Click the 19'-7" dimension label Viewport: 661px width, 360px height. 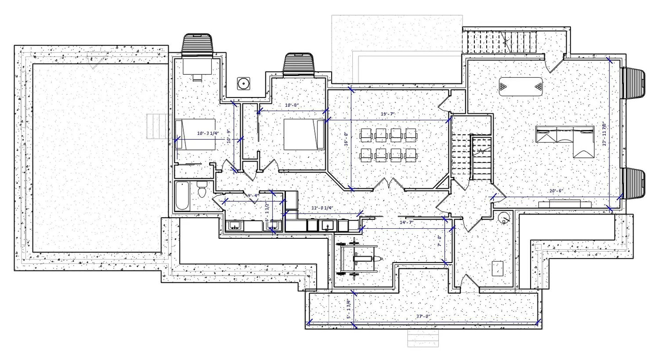pyautogui.click(x=387, y=114)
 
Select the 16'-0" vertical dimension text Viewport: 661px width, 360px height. pyautogui.click(x=347, y=139)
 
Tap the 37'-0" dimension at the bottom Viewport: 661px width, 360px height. pyautogui.click(x=424, y=316)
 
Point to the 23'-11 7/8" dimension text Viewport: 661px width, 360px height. pyautogui.click(x=604, y=133)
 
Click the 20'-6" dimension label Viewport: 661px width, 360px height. pyautogui.click(x=557, y=191)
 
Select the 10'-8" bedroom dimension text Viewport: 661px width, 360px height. pyautogui.click(x=291, y=105)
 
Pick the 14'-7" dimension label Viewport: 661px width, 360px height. pyautogui.click(x=406, y=222)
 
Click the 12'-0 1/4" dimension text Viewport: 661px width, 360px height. pyautogui.click(x=322, y=208)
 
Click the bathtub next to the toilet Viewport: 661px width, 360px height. pyautogui.click(x=182, y=195)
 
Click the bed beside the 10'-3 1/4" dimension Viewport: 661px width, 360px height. pyautogui.click(x=195, y=134)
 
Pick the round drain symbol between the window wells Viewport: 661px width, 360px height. pyautogui.click(x=243, y=83)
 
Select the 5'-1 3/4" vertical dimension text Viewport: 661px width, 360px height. pyautogui.click(x=348, y=309)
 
